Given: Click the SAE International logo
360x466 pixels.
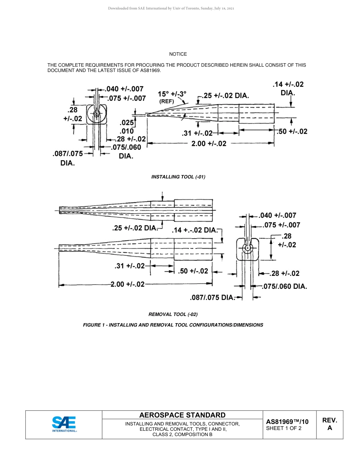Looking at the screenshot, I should point(64,424).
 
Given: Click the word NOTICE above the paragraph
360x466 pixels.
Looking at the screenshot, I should point(178,54).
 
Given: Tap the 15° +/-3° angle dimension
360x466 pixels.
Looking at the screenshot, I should point(172,94).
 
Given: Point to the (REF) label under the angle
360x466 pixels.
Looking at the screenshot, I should point(167,102).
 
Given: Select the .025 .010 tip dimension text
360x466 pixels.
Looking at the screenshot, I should point(127,127).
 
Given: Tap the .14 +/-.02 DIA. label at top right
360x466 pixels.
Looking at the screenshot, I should point(288,88).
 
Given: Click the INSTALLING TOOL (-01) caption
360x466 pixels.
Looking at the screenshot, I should point(178,177).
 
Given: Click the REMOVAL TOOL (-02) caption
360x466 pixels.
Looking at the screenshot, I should point(173,314).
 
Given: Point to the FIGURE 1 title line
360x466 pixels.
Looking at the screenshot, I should point(173,325).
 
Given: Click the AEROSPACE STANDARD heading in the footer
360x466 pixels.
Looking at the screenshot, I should point(182,415).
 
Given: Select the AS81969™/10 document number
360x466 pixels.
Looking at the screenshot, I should point(287,422).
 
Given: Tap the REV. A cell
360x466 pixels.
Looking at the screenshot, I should point(329,424).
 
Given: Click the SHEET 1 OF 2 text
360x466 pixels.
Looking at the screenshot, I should point(284,428).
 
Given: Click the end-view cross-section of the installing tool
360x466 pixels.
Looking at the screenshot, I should point(97,114).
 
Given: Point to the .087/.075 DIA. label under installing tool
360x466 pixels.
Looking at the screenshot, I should point(67,158).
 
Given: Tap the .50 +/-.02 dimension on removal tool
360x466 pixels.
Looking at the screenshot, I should point(193,271).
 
